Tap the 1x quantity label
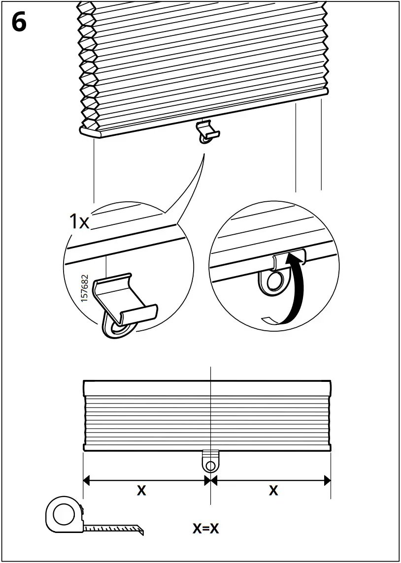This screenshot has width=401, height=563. (79, 222)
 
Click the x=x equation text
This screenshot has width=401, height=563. (205, 528)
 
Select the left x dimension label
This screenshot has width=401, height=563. (141, 490)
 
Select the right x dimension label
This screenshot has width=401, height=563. (273, 490)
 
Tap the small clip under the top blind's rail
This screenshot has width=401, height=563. (208, 131)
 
